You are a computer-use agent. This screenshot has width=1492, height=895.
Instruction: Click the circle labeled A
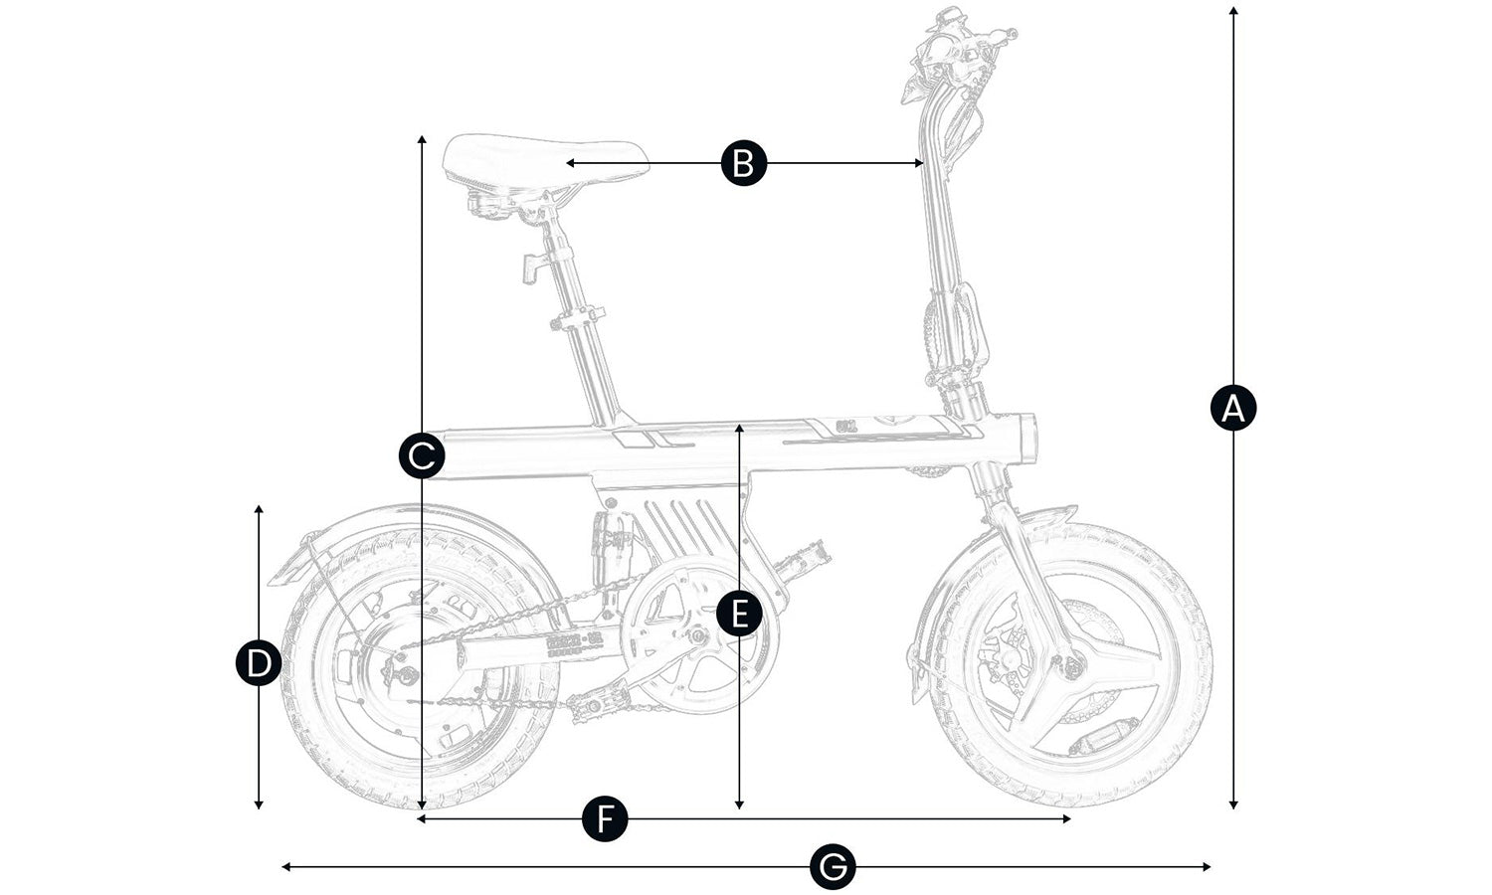tap(1233, 408)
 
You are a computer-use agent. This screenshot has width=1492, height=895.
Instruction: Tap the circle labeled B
tap(744, 163)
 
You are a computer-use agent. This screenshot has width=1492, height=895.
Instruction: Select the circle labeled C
tap(422, 456)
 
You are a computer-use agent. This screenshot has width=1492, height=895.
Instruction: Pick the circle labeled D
tap(259, 663)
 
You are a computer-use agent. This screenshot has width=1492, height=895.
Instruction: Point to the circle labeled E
tap(739, 614)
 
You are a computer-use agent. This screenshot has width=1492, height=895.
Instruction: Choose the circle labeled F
tap(605, 819)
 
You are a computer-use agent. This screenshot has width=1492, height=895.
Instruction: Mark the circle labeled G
tap(833, 867)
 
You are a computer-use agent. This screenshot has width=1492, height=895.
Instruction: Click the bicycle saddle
tap(542, 164)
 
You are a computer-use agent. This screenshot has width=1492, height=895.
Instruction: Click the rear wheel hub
tap(406, 676)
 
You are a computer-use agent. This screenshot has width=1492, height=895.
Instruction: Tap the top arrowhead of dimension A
tap(1233, 10)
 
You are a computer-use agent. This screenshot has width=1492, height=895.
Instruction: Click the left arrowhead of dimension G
tap(285, 867)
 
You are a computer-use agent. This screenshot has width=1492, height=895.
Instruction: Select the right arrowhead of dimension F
tap(1068, 819)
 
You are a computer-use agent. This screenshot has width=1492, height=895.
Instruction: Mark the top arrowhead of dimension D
tap(259, 508)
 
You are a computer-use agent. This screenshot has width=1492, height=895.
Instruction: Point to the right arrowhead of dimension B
tap(921, 163)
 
